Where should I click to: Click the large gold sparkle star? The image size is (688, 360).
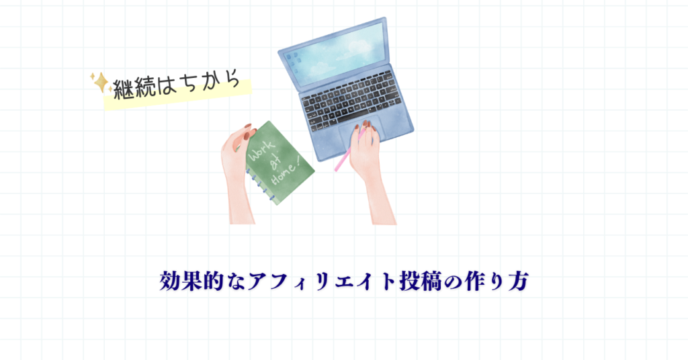click(101, 82)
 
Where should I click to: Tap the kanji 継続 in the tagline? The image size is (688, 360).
click(134, 88)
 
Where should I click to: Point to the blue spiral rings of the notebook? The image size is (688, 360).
click(261, 185)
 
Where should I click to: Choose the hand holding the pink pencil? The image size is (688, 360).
click(370, 171)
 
